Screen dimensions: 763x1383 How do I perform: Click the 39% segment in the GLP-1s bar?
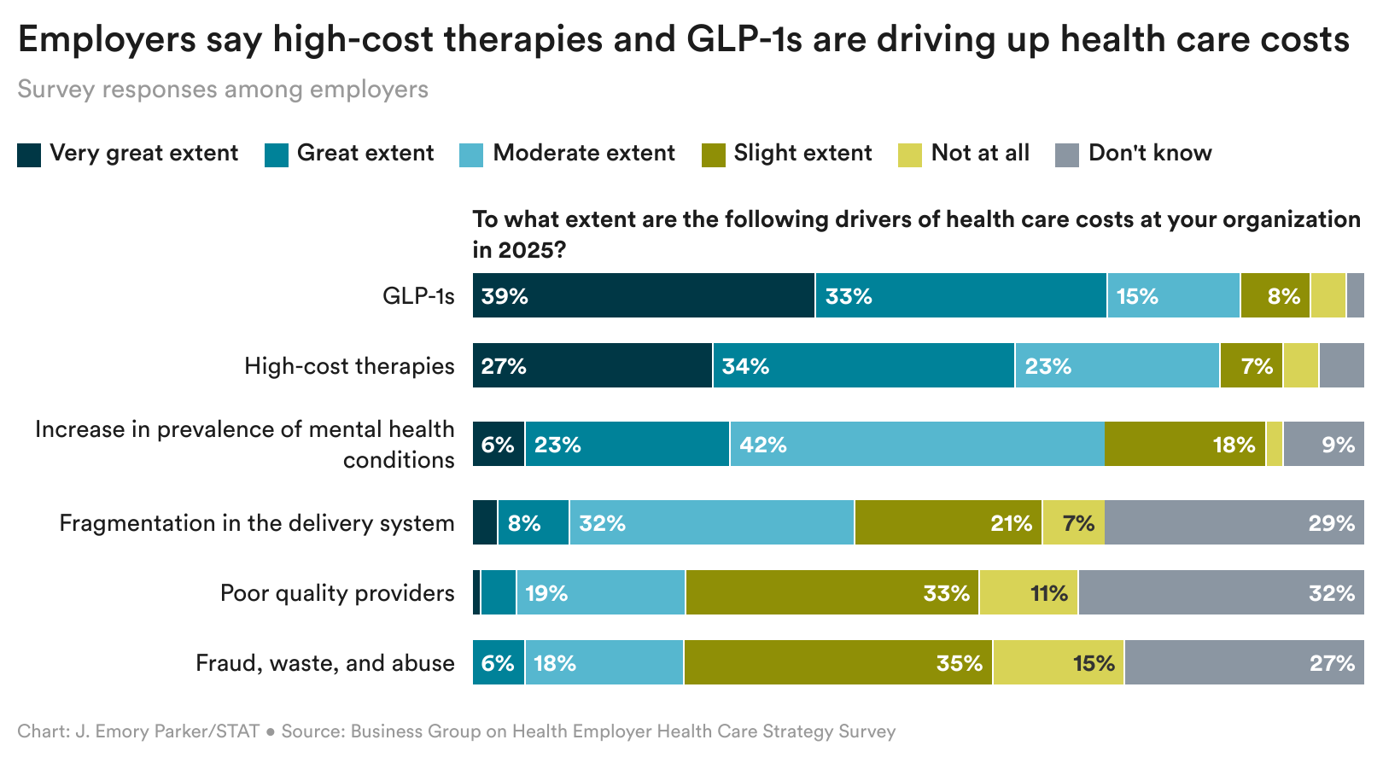pos(644,295)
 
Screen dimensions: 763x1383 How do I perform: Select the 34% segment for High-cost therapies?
pos(863,365)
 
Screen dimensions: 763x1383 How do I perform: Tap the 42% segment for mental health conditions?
pos(917,444)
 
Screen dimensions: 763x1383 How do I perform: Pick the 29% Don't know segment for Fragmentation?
pos(1234,522)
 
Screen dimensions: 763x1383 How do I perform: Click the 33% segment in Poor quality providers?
pos(832,592)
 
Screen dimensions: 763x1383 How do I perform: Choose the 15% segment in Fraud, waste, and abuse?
pos(1058,662)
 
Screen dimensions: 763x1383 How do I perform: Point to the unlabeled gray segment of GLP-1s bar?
pos(1355,295)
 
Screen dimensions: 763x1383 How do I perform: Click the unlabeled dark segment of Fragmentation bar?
pos(485,522)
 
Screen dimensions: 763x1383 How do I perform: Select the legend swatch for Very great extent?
pos(29,154)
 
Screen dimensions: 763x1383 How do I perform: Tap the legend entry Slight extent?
pos(802,153)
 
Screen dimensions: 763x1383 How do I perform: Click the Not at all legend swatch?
pos(910,154)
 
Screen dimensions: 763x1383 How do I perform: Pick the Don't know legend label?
pos(1149,153)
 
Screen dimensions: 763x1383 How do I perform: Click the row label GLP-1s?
pos(418,296)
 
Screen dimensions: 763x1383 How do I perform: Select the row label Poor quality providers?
pos(337,593)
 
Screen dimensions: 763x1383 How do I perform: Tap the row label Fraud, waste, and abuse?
pos(324,663)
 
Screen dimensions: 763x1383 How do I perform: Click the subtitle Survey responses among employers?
pos(223,90)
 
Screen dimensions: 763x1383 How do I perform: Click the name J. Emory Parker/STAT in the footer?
pos(167,731)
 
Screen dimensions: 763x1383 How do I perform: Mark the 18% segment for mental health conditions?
pos(1184,444)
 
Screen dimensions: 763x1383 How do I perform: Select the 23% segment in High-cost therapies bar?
pos(1117,365)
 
